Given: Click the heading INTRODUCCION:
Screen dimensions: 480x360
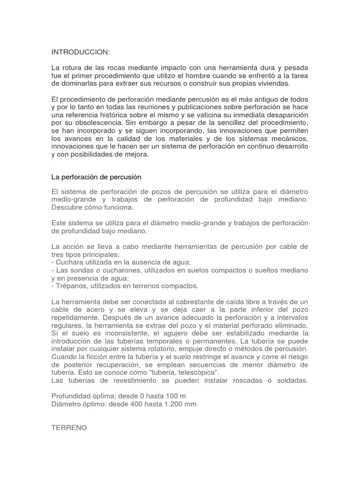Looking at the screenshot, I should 80,51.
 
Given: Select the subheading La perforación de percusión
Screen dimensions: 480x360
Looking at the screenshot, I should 96,177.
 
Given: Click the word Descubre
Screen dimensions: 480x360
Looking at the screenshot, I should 66,207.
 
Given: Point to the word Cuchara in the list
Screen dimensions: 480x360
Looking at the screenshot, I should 70,262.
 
